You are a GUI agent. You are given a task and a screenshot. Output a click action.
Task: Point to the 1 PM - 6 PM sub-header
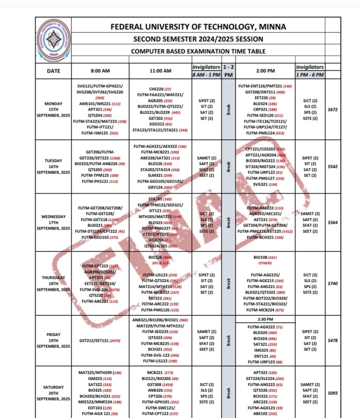coord(310,75)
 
